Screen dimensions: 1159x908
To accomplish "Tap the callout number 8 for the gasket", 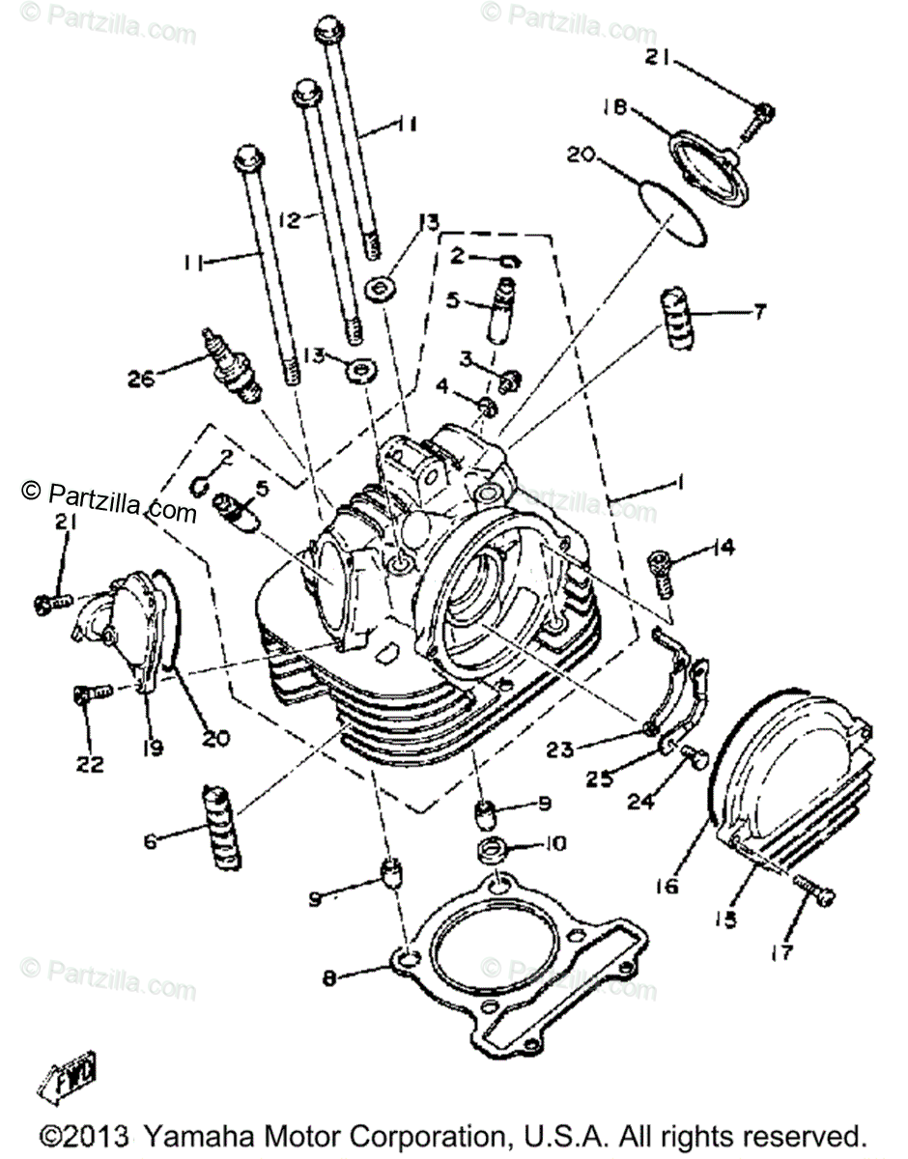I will pyautogui.click(x=329, y=979).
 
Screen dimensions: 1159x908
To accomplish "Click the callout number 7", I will pyautogui.click(x=759, y=311).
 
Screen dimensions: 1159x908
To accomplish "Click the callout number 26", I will pyautogui.click(x=141, y=379).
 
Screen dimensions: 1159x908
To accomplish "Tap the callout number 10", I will pyautogui.click(x=553, y=844).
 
